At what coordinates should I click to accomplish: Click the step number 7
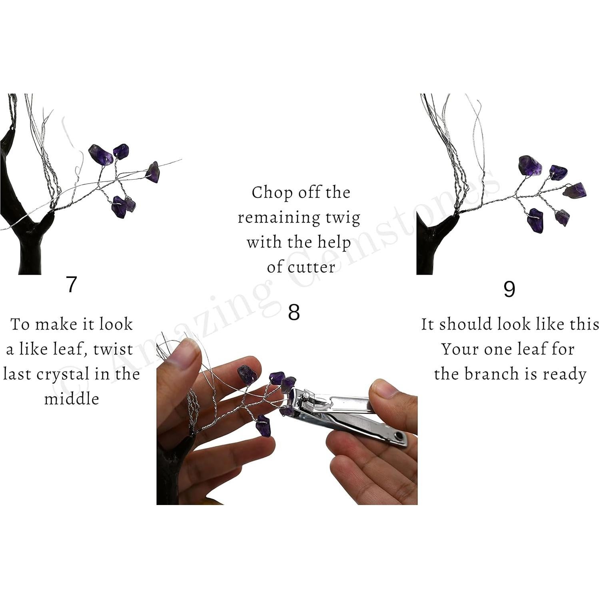tap(71, 284)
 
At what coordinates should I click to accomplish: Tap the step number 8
tap(294, 312)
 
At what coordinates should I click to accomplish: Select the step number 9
tap(509, 289)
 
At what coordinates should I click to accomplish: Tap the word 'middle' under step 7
tap(71, 399)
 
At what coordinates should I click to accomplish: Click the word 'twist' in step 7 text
tap(113, 349)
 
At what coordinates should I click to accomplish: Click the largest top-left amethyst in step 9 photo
tap(530, 165)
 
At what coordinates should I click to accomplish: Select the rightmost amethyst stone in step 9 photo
tap(575, 190)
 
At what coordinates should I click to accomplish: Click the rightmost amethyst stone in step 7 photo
tap(153, 172)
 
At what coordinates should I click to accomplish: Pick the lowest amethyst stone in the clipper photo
tap(263, 425)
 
